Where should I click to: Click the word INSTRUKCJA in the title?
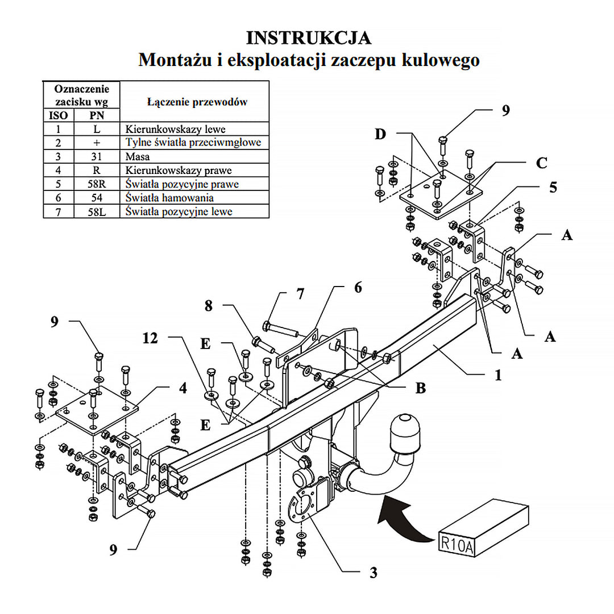pos(308,38)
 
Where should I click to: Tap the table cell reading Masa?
pos(137,156)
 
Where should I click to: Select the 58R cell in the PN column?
pos(97,184)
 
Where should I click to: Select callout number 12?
pos(151,338)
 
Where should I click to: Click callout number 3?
pos(373,573)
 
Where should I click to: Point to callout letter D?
pos(380,134)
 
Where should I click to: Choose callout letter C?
pos(541,163)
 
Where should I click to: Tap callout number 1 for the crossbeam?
pos(498,375)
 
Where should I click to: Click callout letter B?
pos(421,388)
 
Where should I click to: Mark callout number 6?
pos(357,288)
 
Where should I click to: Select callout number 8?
pos(209,305)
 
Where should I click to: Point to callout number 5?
pos(553,186)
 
